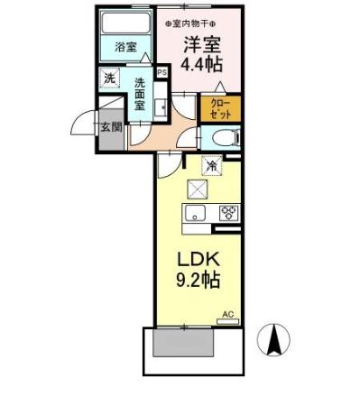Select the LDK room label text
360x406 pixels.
pyautogui.click(x=193, y=257)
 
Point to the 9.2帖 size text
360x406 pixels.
pyautogui.click(x=193, y=281)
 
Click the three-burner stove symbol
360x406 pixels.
pyautogui.click(x=226, y=214)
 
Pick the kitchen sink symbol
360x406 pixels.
pyautogui.click(x=195, y=214)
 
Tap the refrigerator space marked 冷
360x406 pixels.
pyautogui.click(x=210, y=165)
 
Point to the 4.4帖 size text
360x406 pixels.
pyautogui.click(x=202, y=64)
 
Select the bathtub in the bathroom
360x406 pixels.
pyautogui.click(x=126, y=24)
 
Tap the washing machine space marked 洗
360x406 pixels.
pyautogui.click(x=109, y=78)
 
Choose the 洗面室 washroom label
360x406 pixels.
pyautogui.click(x=141, y=93)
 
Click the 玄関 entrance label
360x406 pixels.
pyautogui.click(x=109, y=127)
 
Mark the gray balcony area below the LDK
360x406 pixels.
pyautogui.click(x=184, y=343)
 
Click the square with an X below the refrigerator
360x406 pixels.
pyautogui.click(x=196, y=189)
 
